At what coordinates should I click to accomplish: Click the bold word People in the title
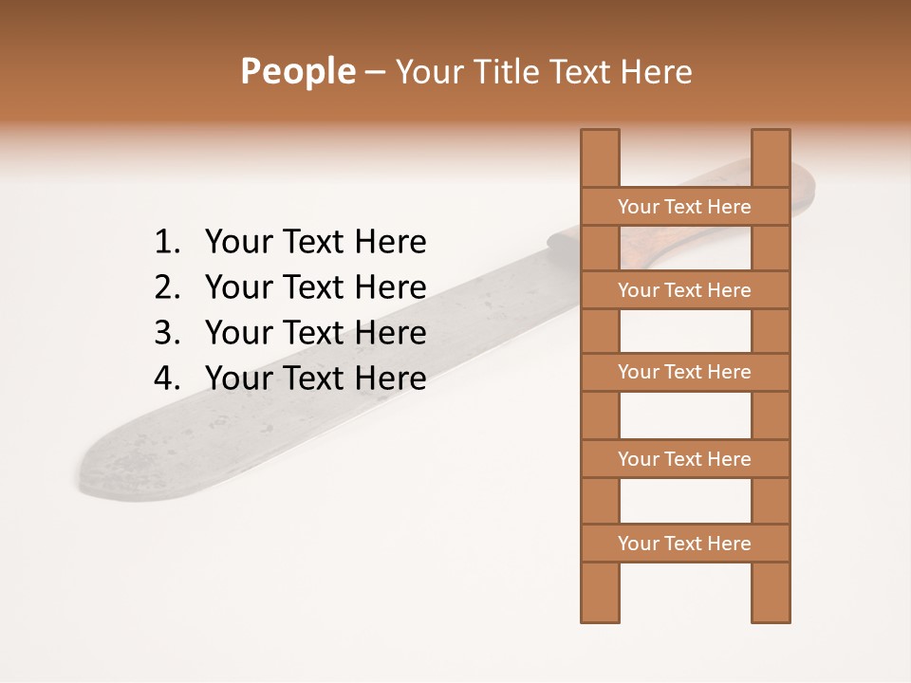(x=297, y=71)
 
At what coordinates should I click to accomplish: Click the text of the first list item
(x=315, y=243)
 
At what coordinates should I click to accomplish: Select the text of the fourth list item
(x=315, y=378)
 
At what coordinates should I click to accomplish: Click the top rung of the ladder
(x=684, y=207)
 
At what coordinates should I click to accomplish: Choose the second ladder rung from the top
(x=684, y=290)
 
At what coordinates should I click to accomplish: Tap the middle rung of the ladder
(x=684, y=372)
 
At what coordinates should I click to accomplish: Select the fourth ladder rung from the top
(x=684, y=459)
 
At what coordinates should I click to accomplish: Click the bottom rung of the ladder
(x=684, y=544)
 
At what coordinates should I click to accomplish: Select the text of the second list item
(x=315, y=287)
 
